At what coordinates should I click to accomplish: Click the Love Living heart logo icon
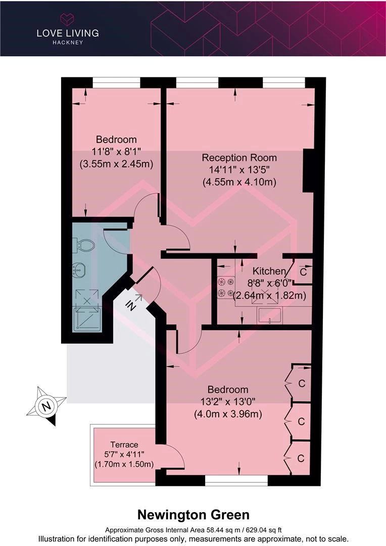tap(67, 20)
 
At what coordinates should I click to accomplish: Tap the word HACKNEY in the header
tap(68, 42)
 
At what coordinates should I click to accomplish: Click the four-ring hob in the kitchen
tap(225, 287)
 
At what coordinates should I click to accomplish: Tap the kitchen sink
tap(270, 315)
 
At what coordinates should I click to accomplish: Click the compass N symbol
tap(45, 406)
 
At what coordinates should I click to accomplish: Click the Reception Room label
tap(239, 158)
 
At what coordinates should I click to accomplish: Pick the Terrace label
tap(124, 445)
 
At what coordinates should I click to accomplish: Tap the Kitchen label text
tap(269, 271)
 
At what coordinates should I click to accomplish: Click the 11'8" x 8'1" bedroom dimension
tap(116, 152)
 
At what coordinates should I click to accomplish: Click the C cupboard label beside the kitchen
tap(303, 271)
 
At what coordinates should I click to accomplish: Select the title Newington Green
tap(194, 515)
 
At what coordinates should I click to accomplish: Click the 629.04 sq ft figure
tap(264, 530)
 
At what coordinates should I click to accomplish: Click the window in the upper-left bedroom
tap(116, 83)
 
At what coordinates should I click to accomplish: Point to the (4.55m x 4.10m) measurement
tap(239, 182)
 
